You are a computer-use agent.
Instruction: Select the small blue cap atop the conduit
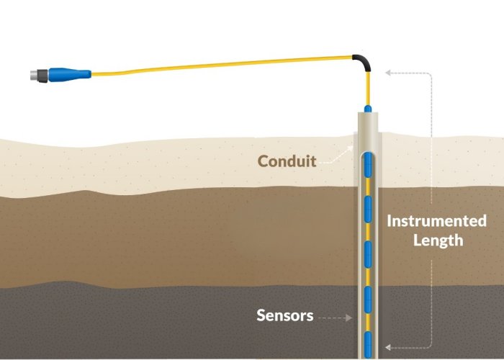click(368, 108)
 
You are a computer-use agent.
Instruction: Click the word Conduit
click(287, 161)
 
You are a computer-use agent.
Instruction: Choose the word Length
click(437, 240)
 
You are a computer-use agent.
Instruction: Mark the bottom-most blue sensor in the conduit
click(368, 341)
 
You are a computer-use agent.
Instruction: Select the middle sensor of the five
click(368, 253)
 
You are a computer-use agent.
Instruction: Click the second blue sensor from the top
click(368, 209)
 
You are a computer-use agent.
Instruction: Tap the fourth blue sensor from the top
click(368, 297)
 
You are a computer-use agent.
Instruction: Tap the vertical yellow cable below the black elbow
click(368, 88)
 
